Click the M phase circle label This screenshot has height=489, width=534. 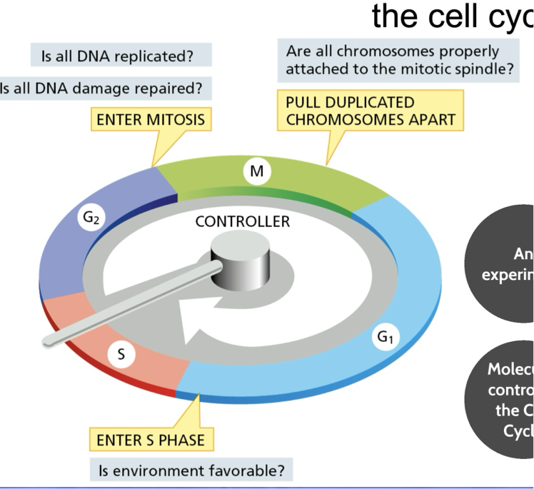tap(256, 171)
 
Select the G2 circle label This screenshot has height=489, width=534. tap(91, 219)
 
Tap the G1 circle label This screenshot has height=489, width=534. tap(384, 338)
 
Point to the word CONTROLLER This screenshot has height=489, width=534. tap(243, 221)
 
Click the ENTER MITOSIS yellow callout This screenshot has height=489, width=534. tap(151, 120)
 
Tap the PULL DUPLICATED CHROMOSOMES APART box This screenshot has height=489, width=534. tap(371, 111)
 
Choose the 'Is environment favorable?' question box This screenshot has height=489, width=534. tap(191, 470)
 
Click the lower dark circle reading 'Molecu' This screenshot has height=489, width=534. tap(504, 400)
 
